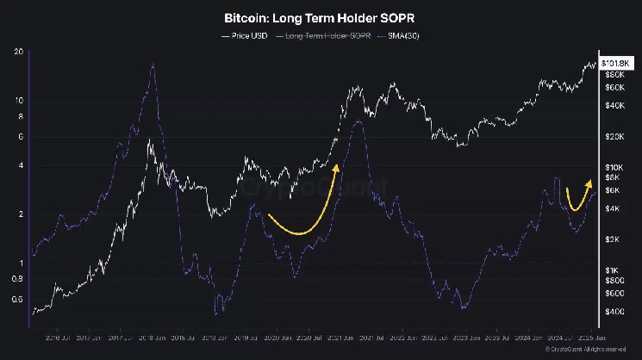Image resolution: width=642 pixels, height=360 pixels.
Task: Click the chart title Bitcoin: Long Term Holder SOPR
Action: [321, 17]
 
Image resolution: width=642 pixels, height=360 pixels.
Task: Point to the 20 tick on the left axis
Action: [18, 52]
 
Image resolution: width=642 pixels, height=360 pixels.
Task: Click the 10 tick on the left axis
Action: [18, 101]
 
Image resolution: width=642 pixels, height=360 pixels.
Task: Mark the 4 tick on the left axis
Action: [18, 165]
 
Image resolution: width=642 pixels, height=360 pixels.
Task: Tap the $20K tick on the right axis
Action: [614, 137]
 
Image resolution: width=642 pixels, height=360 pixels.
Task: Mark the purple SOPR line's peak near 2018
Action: [153, 65]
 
